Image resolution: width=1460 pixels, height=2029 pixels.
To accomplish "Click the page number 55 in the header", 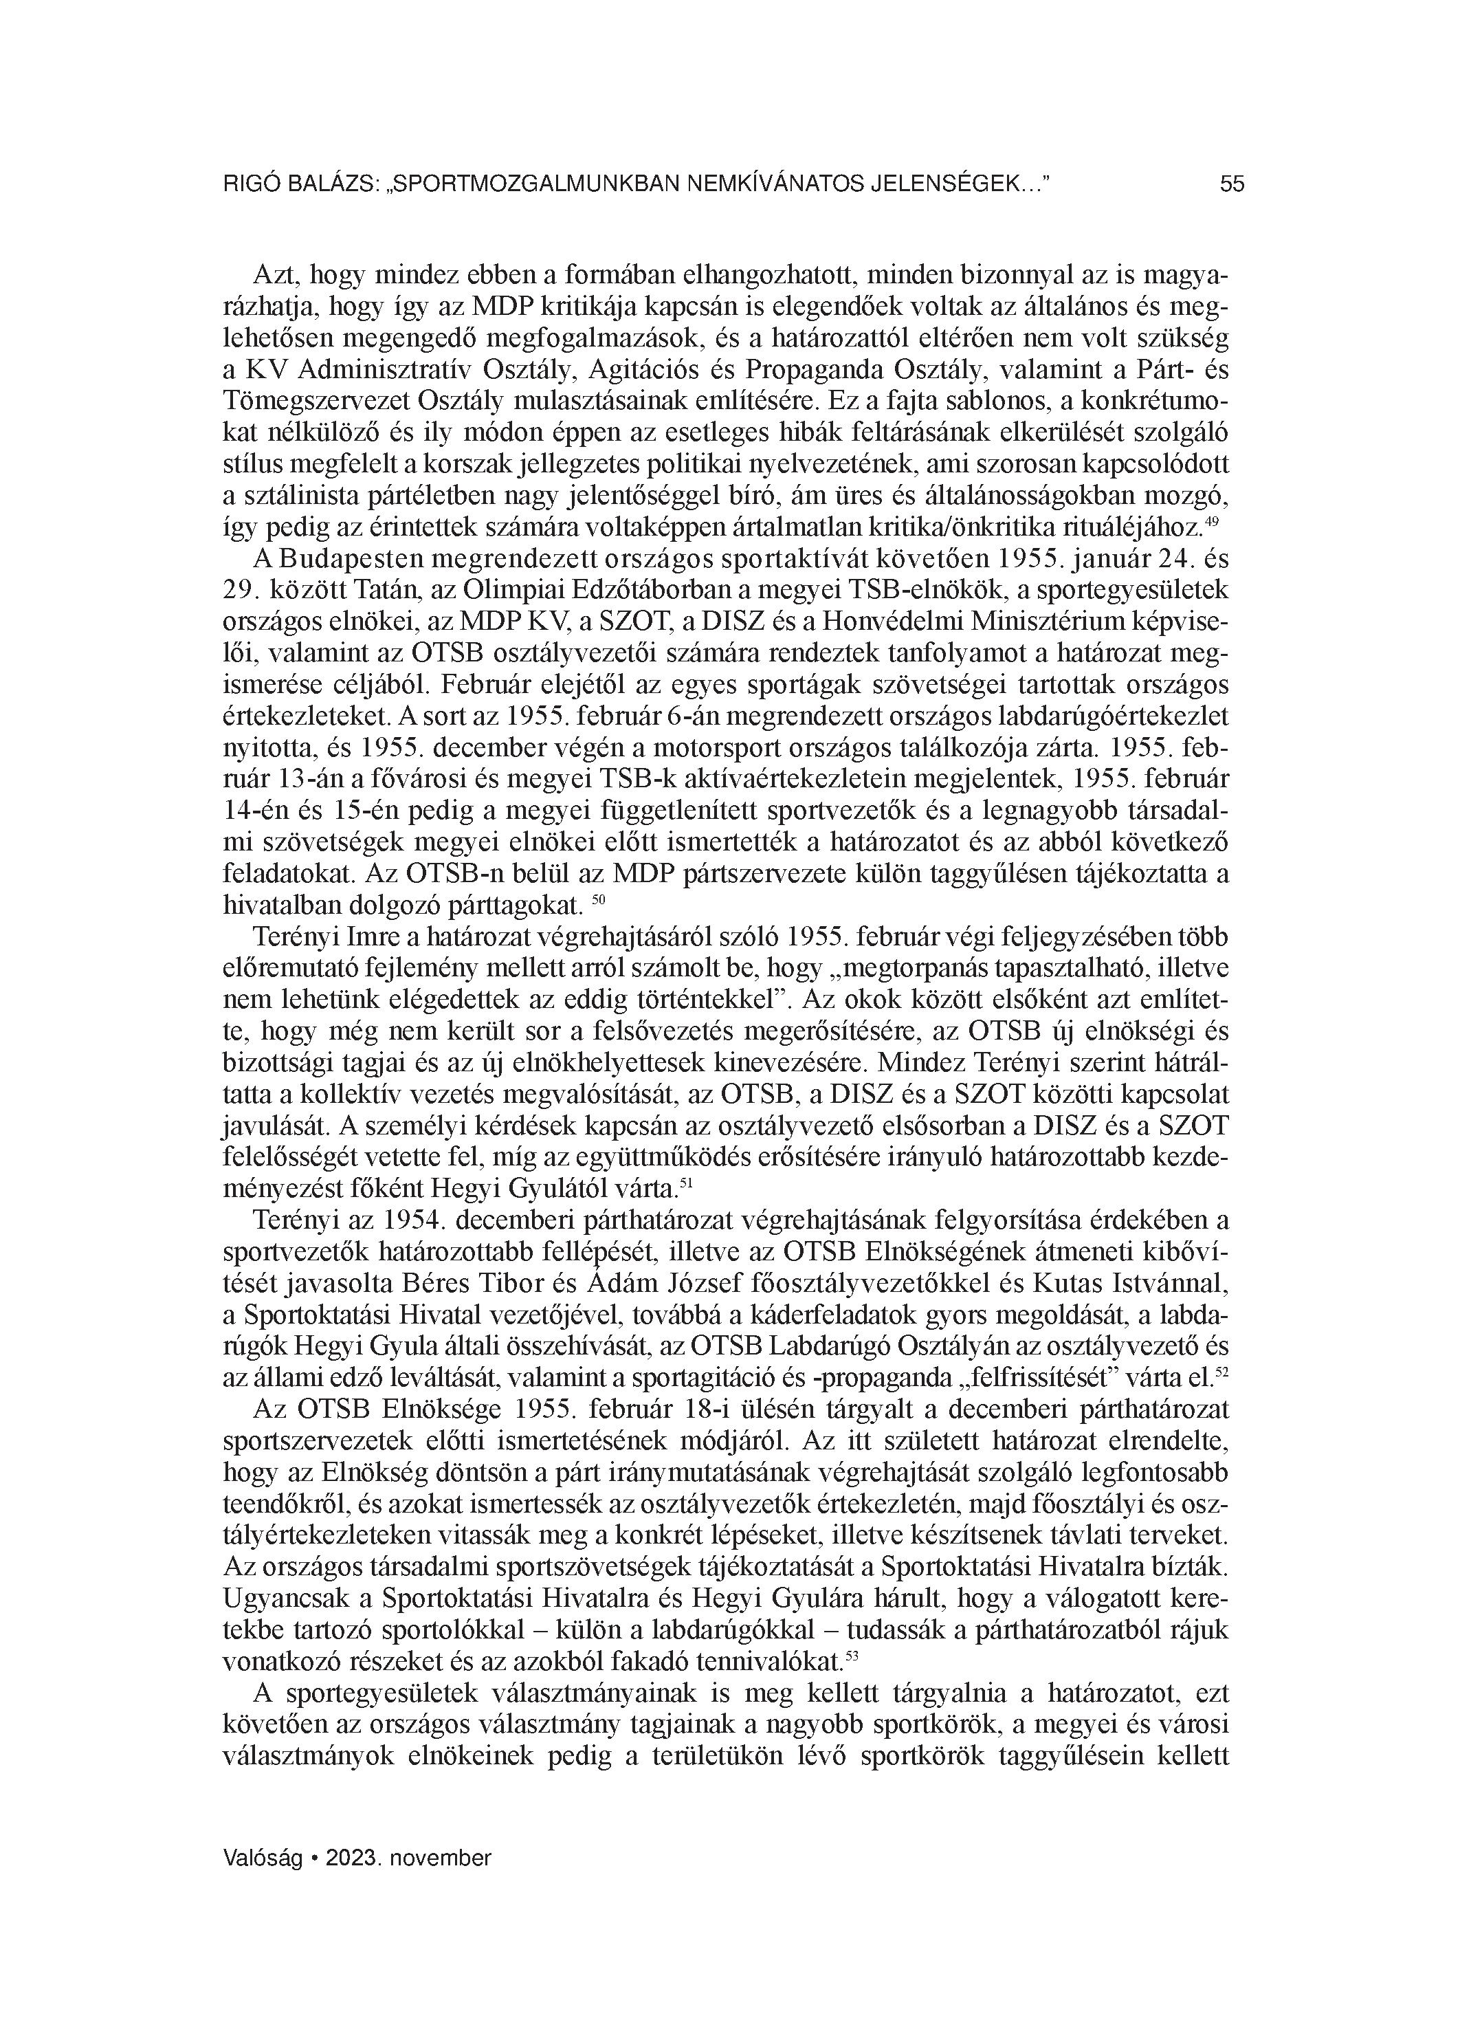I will (1232, 184).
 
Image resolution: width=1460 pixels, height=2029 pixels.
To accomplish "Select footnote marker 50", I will (600, 899).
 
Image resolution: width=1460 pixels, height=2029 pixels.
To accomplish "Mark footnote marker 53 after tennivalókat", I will (851, 1657).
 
